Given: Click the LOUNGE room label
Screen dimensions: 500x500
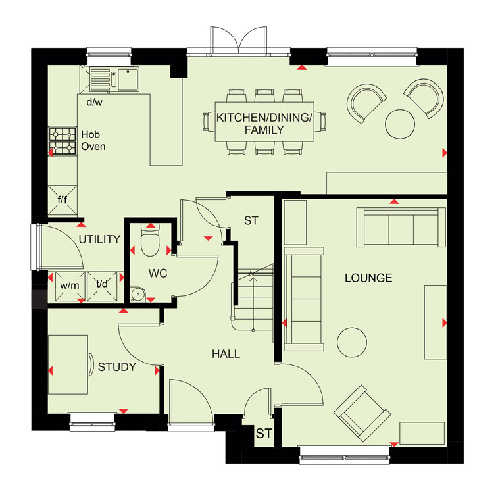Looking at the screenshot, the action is point(368,278).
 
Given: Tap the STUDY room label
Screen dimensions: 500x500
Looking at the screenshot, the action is point(116,367).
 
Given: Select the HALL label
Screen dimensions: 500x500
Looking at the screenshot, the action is point(226,354).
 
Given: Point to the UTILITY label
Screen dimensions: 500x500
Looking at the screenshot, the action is point(99,239).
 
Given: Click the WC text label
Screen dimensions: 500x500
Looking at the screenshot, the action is point(157,273).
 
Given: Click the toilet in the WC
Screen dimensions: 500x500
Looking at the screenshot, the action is point(149,240).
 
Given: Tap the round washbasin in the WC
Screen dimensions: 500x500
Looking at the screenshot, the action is point(137,293).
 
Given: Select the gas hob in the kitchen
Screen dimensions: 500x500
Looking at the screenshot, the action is point(63,141).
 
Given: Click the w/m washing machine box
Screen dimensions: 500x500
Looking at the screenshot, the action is point(70,286).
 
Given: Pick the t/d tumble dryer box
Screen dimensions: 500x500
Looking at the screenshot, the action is point(102,286).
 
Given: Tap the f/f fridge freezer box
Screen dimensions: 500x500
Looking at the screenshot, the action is point(63,200).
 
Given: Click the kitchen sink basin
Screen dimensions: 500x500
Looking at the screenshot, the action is point(128,80).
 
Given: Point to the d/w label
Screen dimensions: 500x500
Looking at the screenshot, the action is point(94,102).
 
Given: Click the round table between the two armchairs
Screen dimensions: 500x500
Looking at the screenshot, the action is point(400,124).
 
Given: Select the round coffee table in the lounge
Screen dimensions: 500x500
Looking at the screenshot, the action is point(352,342).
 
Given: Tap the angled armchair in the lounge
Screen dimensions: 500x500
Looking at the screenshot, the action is point(362,413).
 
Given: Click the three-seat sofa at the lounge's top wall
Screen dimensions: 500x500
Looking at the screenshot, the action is point(401,227).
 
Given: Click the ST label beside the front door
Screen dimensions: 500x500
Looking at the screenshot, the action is point(264,434).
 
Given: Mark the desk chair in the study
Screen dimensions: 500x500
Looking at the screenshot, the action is point(91,364).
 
